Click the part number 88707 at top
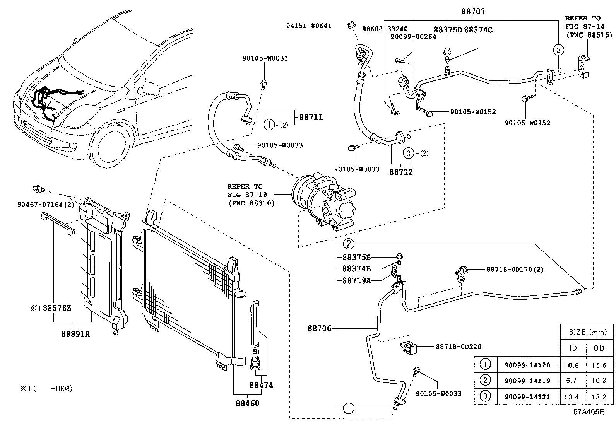473,12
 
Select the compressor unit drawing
323,203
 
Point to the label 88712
401,172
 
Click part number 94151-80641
308,26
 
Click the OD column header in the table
599,348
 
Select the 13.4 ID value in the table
572,397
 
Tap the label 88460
247,403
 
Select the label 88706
320,328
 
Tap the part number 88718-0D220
458,347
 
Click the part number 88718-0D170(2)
515,269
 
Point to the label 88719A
356,281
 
